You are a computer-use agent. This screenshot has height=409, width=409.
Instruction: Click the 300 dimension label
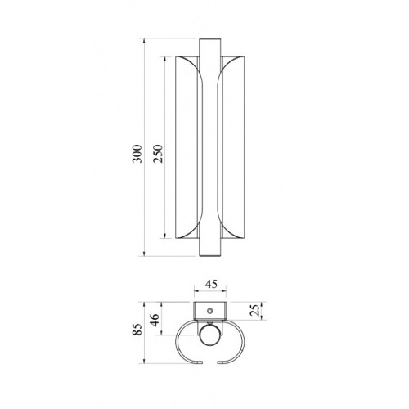137,154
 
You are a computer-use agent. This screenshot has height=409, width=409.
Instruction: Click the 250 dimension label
158,154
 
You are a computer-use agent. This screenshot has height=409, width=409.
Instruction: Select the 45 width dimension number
211,284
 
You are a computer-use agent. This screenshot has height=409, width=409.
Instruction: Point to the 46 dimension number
155,320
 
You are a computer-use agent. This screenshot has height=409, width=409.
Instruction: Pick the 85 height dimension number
137,330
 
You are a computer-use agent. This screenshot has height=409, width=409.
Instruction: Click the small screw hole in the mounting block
209,311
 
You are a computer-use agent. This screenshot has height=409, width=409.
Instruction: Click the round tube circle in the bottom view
210,335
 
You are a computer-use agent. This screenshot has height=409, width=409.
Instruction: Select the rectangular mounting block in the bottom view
210,311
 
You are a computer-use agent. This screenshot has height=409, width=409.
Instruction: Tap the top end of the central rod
209,38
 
